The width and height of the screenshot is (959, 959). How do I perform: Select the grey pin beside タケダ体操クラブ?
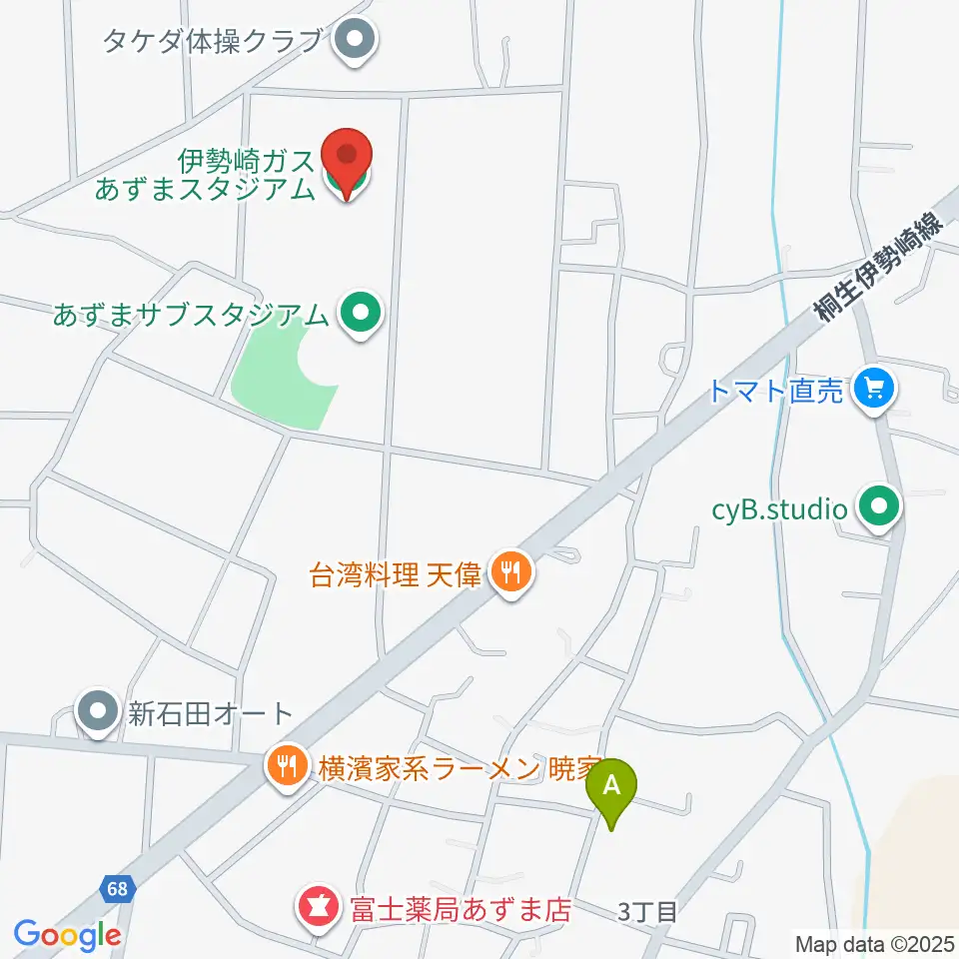pos(353,41)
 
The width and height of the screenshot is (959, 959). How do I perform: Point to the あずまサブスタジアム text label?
pos(192,315)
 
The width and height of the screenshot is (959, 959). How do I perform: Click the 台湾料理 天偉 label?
pos(397,574)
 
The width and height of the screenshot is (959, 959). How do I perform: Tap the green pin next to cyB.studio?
pos(878,509)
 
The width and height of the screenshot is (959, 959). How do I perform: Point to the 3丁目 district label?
pos(647,911)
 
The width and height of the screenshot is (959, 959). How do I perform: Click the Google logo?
pos(68,935)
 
